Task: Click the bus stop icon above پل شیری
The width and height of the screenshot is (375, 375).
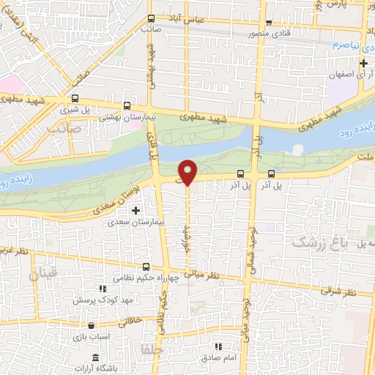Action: [x=75, y=99]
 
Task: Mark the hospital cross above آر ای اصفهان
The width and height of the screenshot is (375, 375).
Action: [x=363, y=63]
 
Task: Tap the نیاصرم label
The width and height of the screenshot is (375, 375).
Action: [x=347, y=45]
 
